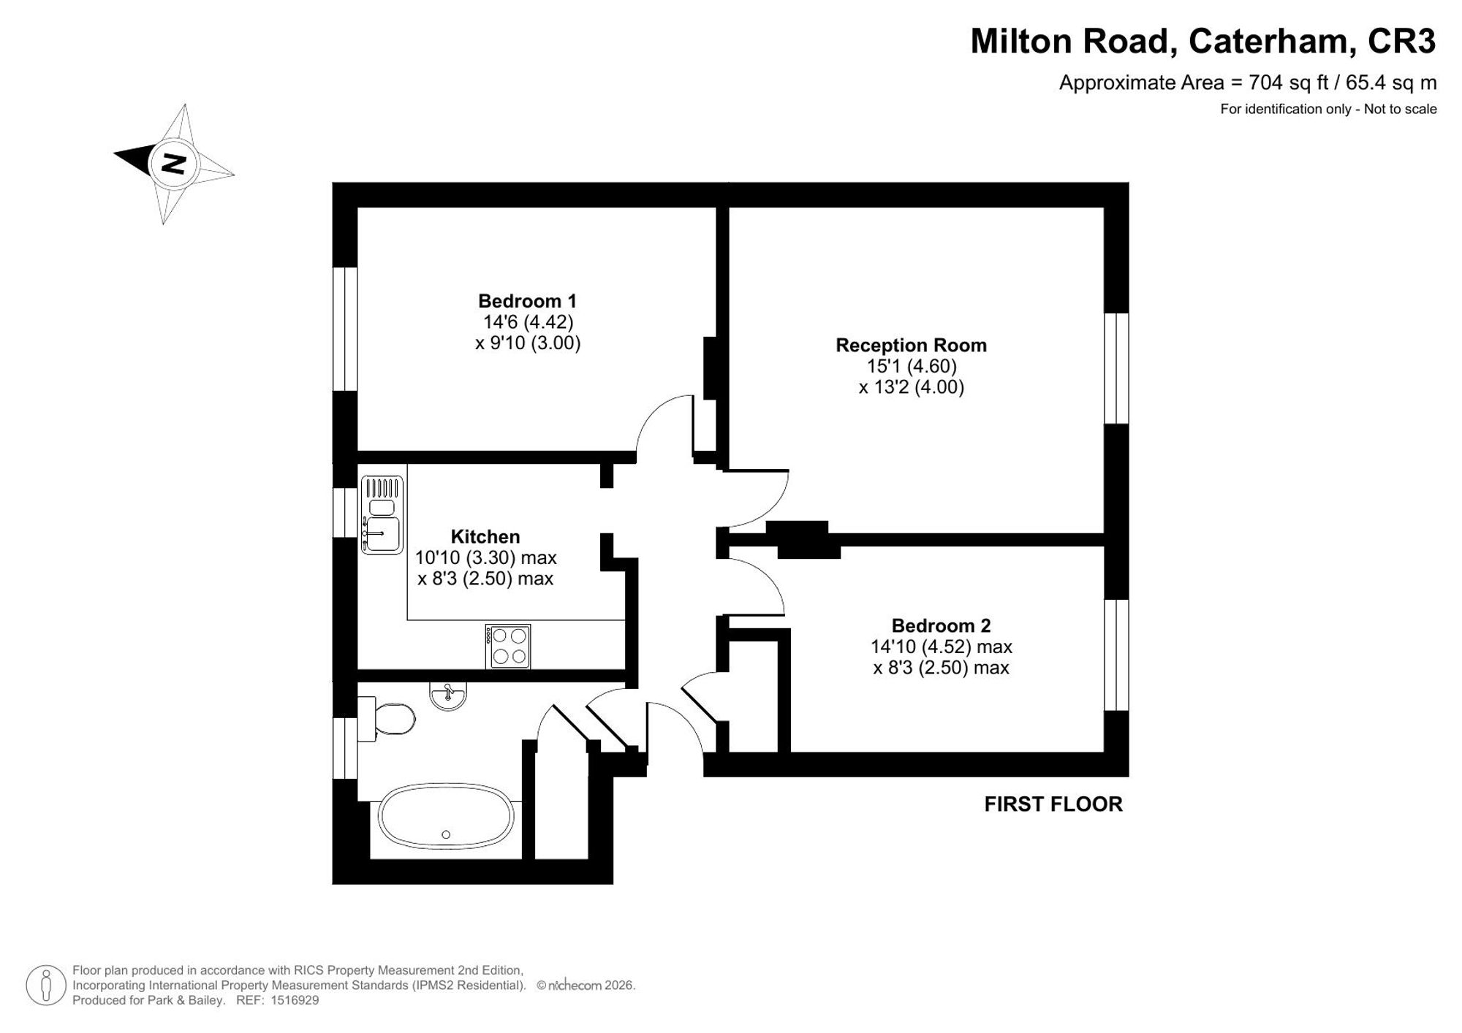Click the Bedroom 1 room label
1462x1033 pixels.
pos(527,301)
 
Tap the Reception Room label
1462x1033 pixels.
pos(911,346)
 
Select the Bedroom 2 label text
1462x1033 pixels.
pos(941,626)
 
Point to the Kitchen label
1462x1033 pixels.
pos(485,537)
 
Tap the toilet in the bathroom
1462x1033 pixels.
pos(387,719)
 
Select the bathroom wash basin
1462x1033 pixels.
pos(448,695)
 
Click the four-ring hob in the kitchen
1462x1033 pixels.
pos(508,647)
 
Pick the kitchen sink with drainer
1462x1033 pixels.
pos(382,514)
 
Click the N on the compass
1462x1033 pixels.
pos(173,164)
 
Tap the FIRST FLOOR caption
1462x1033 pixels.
pos(1053,804)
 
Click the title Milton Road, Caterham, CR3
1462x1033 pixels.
pos(1203,42)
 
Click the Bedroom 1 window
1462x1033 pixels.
pos(345,329)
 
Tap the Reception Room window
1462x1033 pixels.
pos(1116,368)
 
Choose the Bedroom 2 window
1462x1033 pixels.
pos(1116,655)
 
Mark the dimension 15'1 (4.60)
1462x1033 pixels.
pos(912,366)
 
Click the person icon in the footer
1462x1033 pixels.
pos(46,986)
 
